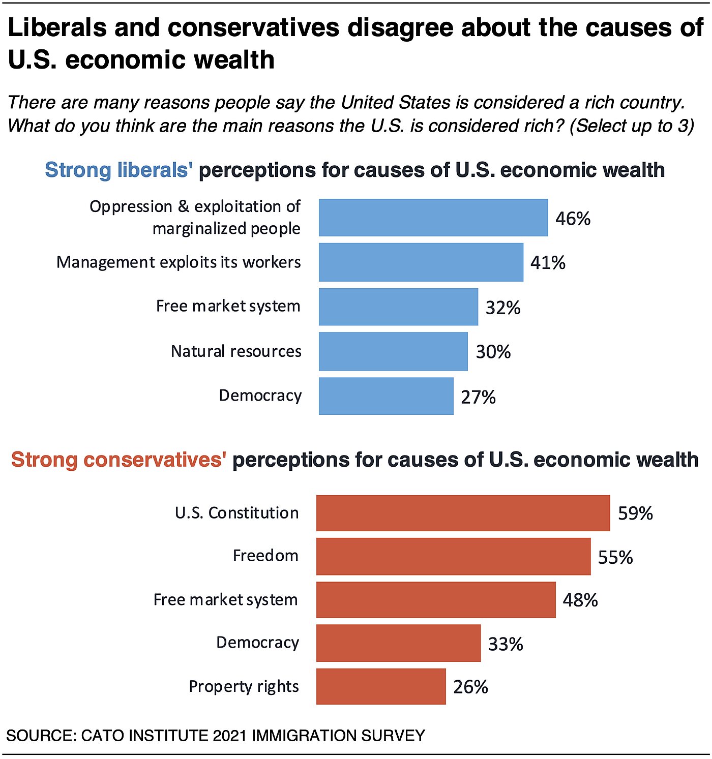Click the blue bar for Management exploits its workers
[x=421, y=262]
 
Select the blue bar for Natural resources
[x=393, y=351]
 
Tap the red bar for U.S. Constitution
[x=463, y=513]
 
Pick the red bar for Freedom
[x=453, y=557]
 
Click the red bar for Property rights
[x=381, y=686]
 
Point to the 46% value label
[x=573, y=219]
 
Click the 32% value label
[x=502, y=308]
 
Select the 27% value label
[x=478, y=397]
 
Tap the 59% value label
[x=635, y=513]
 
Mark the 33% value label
[x=506, y=644]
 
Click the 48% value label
[x=580, y=600]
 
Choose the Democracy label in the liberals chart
[x=260, y=396]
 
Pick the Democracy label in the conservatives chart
[x=257, y=643]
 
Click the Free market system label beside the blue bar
[x=228, y=306]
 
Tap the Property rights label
[x=244, y=686]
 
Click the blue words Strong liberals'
[x=118, y=170]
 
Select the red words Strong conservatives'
[x=118, y=460]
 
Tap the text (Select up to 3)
[x=631, y=126]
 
